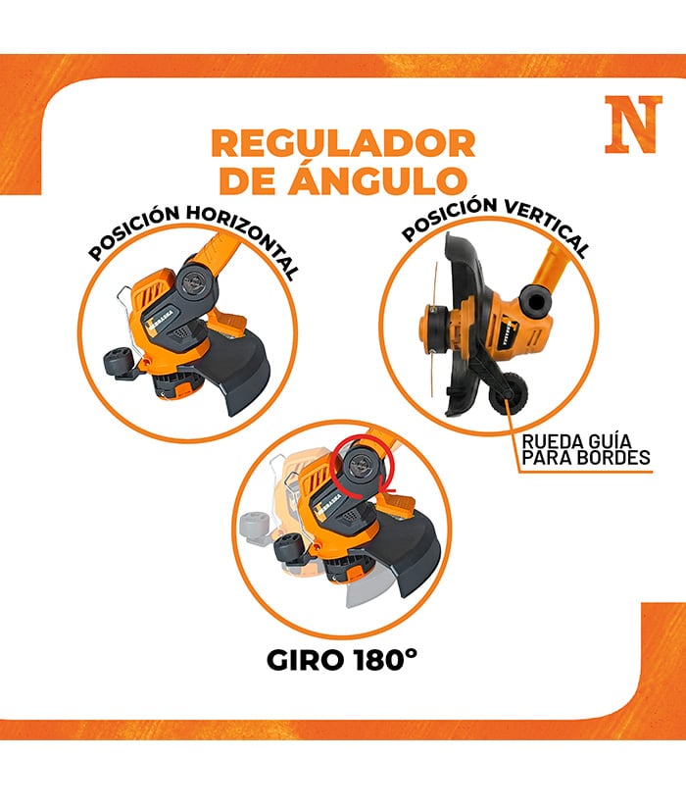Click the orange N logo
click(633, 125)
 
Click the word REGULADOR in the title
click(343, 144)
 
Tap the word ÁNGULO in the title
click(377, 179)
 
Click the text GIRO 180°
click(341, 660)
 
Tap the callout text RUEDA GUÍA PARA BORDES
click(586, 450)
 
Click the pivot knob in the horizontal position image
click(195, 281)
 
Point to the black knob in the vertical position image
click(535, 300)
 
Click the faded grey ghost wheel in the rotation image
click(256, 528)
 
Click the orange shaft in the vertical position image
click(552, 264)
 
